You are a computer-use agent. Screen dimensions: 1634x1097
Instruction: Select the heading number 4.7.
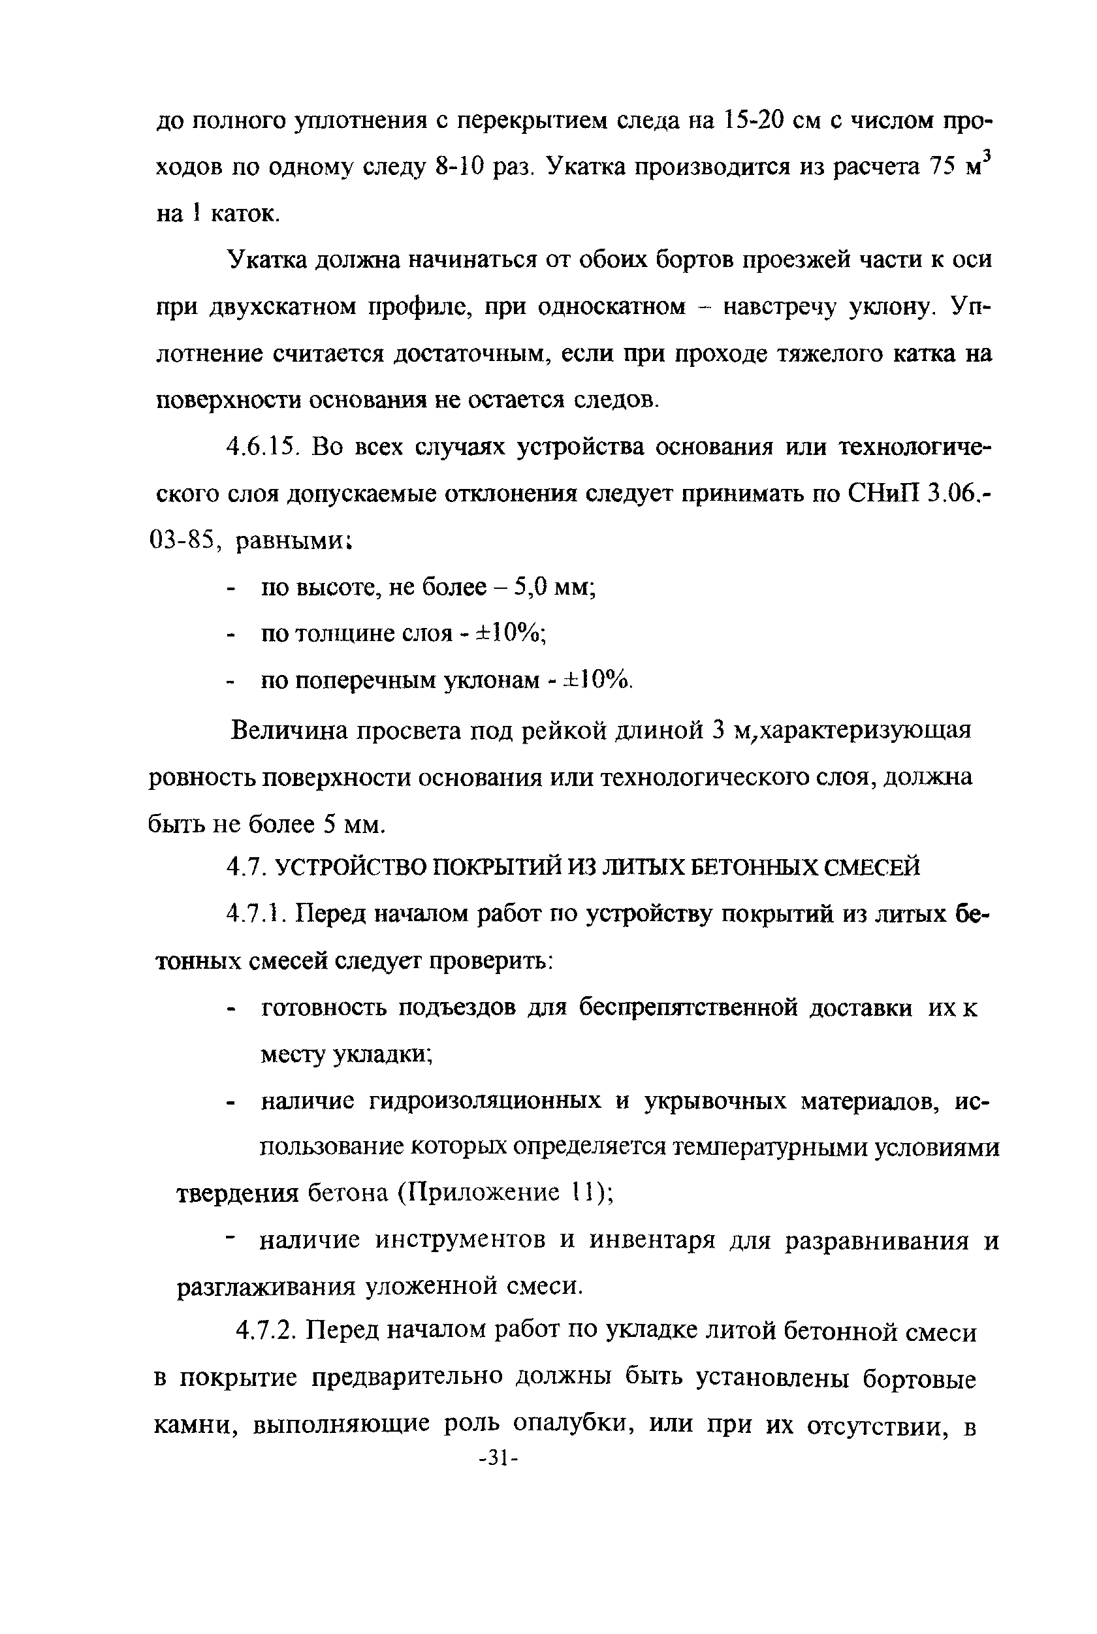[x=245, y=868]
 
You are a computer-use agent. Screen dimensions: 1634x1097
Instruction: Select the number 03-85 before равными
[x=185, y=541]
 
